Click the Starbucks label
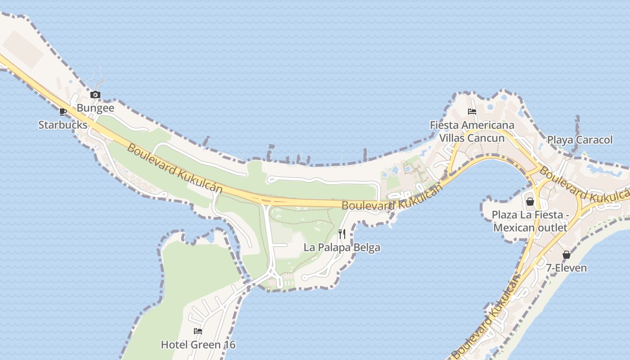(63, 125)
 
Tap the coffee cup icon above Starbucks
(63, 112)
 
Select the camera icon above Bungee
(95, 94)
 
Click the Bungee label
(95, 108)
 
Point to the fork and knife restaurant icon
(342, 234)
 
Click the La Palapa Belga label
(342, 247)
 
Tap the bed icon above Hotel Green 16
(198, 331)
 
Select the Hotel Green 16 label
(198, 345)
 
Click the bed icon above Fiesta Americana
(472, 112)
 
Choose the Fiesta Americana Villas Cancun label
(472, 131)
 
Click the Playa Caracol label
(580, 140)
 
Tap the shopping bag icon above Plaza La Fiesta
(530, 202)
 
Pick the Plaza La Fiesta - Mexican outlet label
(530, 221)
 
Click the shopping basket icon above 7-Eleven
(567, 255)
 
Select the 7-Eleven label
(567, 268)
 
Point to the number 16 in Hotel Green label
(229, 345)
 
